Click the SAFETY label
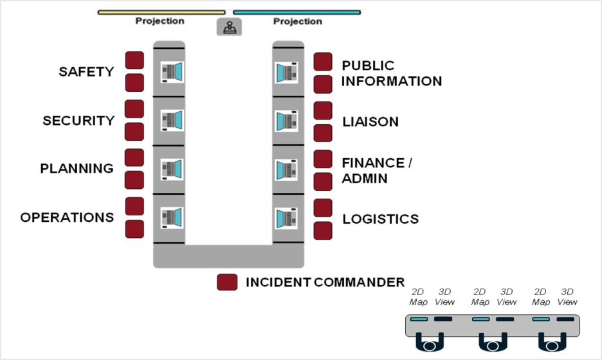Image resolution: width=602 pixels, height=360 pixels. coord(86,71)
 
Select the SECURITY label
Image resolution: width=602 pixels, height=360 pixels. coord(78,120)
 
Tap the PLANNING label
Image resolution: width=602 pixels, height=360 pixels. coord(77,168)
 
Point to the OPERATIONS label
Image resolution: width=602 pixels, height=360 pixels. coord(67,217)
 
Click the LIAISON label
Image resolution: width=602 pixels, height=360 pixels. coord(370,122)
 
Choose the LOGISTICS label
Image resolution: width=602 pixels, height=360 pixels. coord(380,219)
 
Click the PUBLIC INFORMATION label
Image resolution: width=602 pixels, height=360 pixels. coord(391,73)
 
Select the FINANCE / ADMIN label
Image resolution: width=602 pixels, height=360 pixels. coord(376,170)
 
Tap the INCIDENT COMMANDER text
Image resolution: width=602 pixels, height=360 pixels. coord(325,282)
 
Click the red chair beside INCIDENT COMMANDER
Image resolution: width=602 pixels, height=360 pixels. coord(227,282)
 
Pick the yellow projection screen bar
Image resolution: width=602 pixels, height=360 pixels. coord(161,12)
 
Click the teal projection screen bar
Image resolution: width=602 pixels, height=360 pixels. coord(296,12)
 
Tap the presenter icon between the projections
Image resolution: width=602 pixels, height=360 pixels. coord(230,27)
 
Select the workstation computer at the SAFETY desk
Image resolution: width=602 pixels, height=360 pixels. coord(172,71)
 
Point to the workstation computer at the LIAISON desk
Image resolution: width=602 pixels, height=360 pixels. coord(286,120)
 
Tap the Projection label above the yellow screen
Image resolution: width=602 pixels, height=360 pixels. coord(160,21)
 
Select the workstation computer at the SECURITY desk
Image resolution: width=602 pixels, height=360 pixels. coord(172,120)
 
